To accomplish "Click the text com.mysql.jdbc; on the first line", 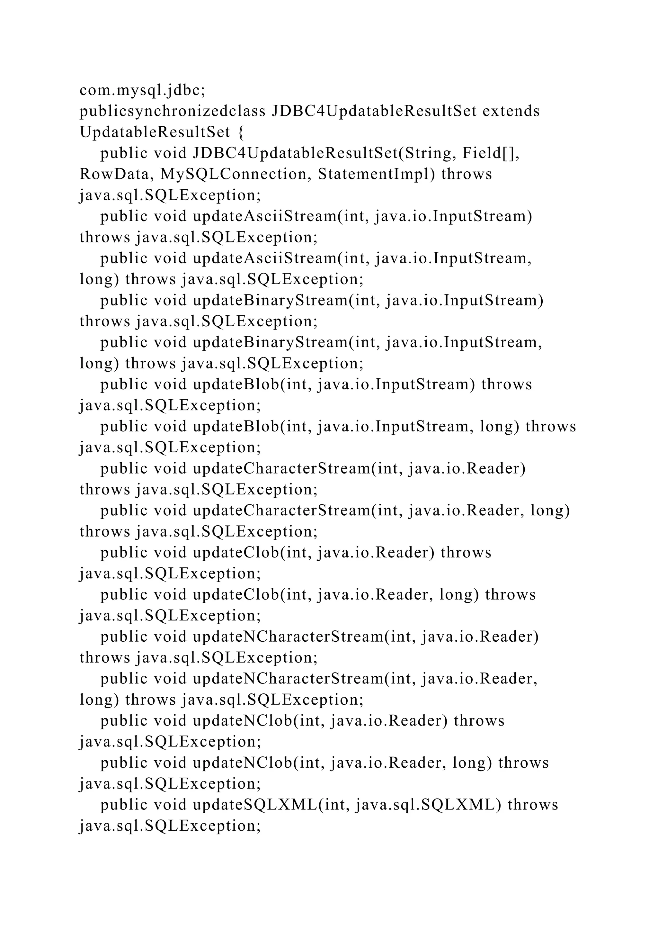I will (142, 90).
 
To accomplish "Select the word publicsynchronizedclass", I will (173, 111).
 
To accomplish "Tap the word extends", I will (511, 111).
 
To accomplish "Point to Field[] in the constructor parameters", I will (491, 153).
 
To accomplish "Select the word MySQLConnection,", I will (236, 174).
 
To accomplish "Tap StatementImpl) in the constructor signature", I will (377, 174).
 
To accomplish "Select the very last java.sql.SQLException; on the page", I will (170, 826).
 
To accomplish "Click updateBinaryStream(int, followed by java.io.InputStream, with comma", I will (286, 343).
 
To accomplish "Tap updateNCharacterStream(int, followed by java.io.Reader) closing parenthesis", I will (304, 637).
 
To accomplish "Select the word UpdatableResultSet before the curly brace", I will (155, 132).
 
